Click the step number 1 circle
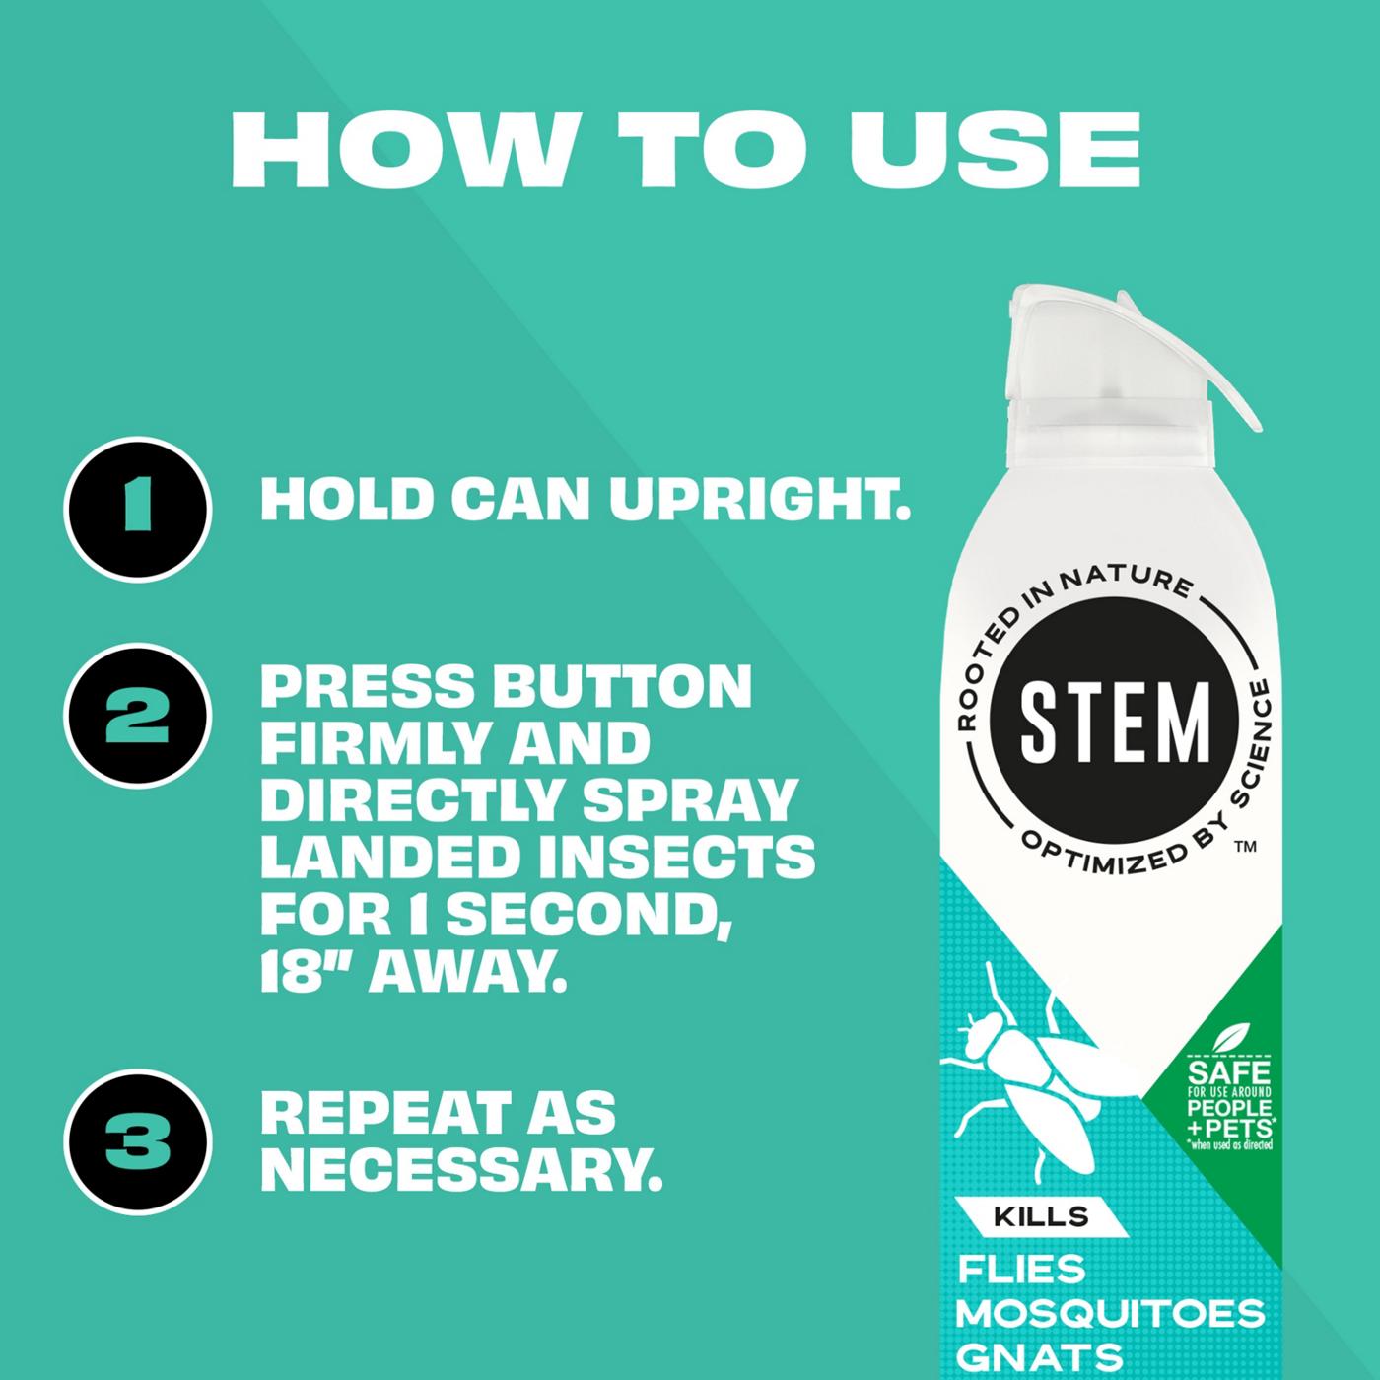coord(138,511)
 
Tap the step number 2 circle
coord(138,717)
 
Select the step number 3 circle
coord(138,1141)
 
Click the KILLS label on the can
coord(1041,1215)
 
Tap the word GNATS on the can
coord(1040,1356)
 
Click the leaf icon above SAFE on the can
coord(1227,1039)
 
